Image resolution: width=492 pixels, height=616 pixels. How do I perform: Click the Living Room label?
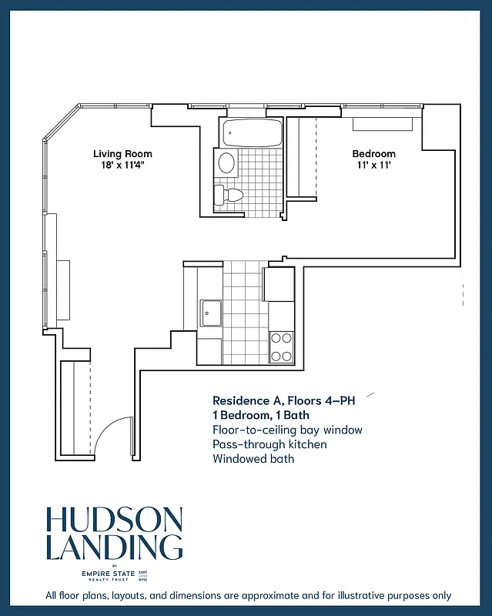[x=122, y=153]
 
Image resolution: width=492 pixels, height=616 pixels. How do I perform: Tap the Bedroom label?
[x=373, y=153]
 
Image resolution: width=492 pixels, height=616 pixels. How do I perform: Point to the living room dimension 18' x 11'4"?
[x=122, y=165]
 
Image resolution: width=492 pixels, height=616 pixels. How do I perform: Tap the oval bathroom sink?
[x=226, y=162]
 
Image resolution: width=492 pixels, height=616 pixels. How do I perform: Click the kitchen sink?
[x=211, y=313]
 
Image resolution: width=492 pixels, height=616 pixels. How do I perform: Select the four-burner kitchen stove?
[x=281, y=346]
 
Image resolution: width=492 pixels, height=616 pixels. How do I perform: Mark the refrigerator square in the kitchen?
[x=279, y=284]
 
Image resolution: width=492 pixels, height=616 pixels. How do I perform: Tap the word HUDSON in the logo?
[x=114, y=521]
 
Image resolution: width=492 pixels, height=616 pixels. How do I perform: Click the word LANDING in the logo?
[x=114, y=547]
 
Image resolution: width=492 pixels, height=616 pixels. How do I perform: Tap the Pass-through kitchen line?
[x=269, y=444]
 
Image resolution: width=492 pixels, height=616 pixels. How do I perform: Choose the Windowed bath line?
[x=253, y=459]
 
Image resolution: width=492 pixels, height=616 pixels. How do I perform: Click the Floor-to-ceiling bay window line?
[x=287, y=430]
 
